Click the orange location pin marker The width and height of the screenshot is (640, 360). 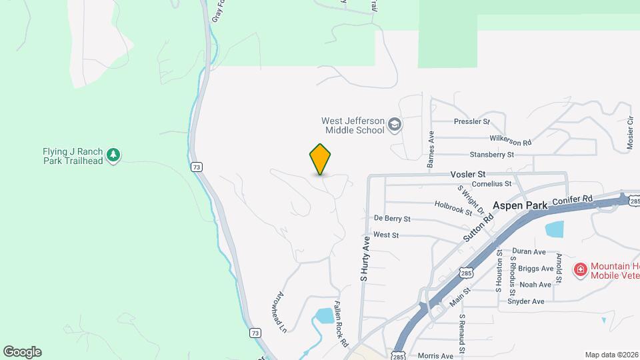click(321, 159)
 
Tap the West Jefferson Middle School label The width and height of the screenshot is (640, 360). click(353, 125)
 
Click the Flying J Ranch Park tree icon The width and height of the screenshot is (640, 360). click(114, 155)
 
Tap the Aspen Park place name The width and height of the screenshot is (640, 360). click(520, 206)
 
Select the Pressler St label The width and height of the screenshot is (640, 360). click(471, 122)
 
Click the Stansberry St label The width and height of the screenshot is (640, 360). click(492, 155)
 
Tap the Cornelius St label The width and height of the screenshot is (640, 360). click(491, 183)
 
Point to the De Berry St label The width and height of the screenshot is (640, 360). click(392, 219)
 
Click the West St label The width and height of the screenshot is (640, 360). click(386, 235)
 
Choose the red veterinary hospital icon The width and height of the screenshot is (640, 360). click(580, 269)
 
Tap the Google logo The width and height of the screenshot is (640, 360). click(22, 352)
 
